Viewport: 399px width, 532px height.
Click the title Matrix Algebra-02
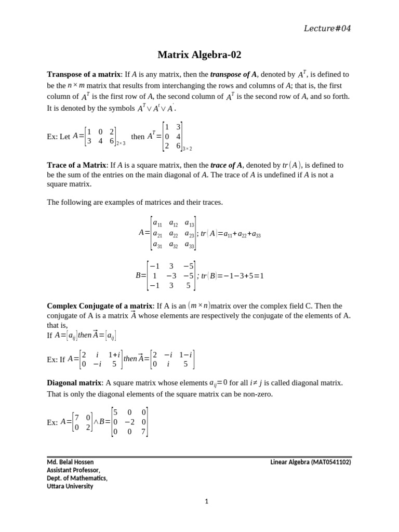point(199,55)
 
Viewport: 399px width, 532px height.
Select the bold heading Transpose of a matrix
point(84,74)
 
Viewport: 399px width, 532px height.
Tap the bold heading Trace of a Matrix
point(76,165)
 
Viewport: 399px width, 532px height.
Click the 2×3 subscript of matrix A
point(121,143)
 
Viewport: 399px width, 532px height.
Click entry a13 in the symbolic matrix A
point(189,224)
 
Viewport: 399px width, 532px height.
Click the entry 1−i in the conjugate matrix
point(186,354)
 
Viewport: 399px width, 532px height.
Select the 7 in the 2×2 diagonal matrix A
point(76,417)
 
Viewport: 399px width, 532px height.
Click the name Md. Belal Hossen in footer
point(71,461)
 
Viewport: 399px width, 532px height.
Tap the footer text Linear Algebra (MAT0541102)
point(311,461)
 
